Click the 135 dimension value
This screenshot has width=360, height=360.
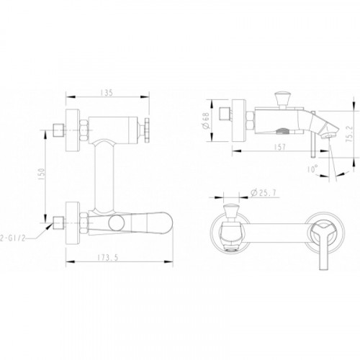coord(107,93)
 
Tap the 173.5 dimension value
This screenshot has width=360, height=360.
coord(108,258)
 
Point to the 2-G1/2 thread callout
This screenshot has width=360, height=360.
coord(12,238)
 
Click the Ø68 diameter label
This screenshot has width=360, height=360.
coord(206,120)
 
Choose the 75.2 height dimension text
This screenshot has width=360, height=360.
coord(349,134)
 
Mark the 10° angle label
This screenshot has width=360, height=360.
coord(312,169)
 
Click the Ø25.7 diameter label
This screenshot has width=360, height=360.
coord(264,192)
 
